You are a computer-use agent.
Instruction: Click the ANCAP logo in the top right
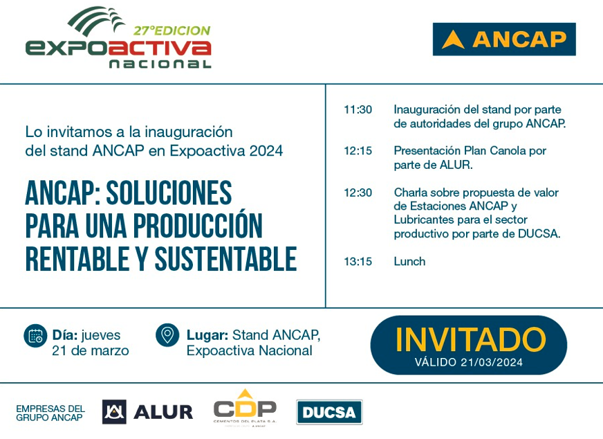click(x=504, y=39)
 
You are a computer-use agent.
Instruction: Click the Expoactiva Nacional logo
click(x=118, y=39)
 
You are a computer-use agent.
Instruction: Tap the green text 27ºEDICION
click(x=171, y=30)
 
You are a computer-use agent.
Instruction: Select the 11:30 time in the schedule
click(x=358, y=109)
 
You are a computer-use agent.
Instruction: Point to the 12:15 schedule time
click(x=358, y=150)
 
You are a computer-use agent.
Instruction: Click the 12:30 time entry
click(x=358, y=192)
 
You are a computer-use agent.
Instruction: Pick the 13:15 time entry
click(x=358, y=261)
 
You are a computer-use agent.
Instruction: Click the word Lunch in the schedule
click(x=409, y=261)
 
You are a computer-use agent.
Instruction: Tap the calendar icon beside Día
click(x=35, y=335)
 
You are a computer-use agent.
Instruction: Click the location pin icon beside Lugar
click(x=167, y=335)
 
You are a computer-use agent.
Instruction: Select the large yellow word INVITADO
click(x=470, y=339)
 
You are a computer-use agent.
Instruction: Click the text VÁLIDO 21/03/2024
click(x=469, y=362)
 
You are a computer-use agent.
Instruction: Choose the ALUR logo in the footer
click(x=147, y=411)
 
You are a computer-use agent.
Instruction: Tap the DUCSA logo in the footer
click(x=329, y=413)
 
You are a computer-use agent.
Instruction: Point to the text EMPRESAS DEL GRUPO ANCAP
click(x=50, y=413)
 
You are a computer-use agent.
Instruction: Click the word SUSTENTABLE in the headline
click(x=225, y=259)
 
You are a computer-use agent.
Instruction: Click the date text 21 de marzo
click(x=90, y=350)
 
